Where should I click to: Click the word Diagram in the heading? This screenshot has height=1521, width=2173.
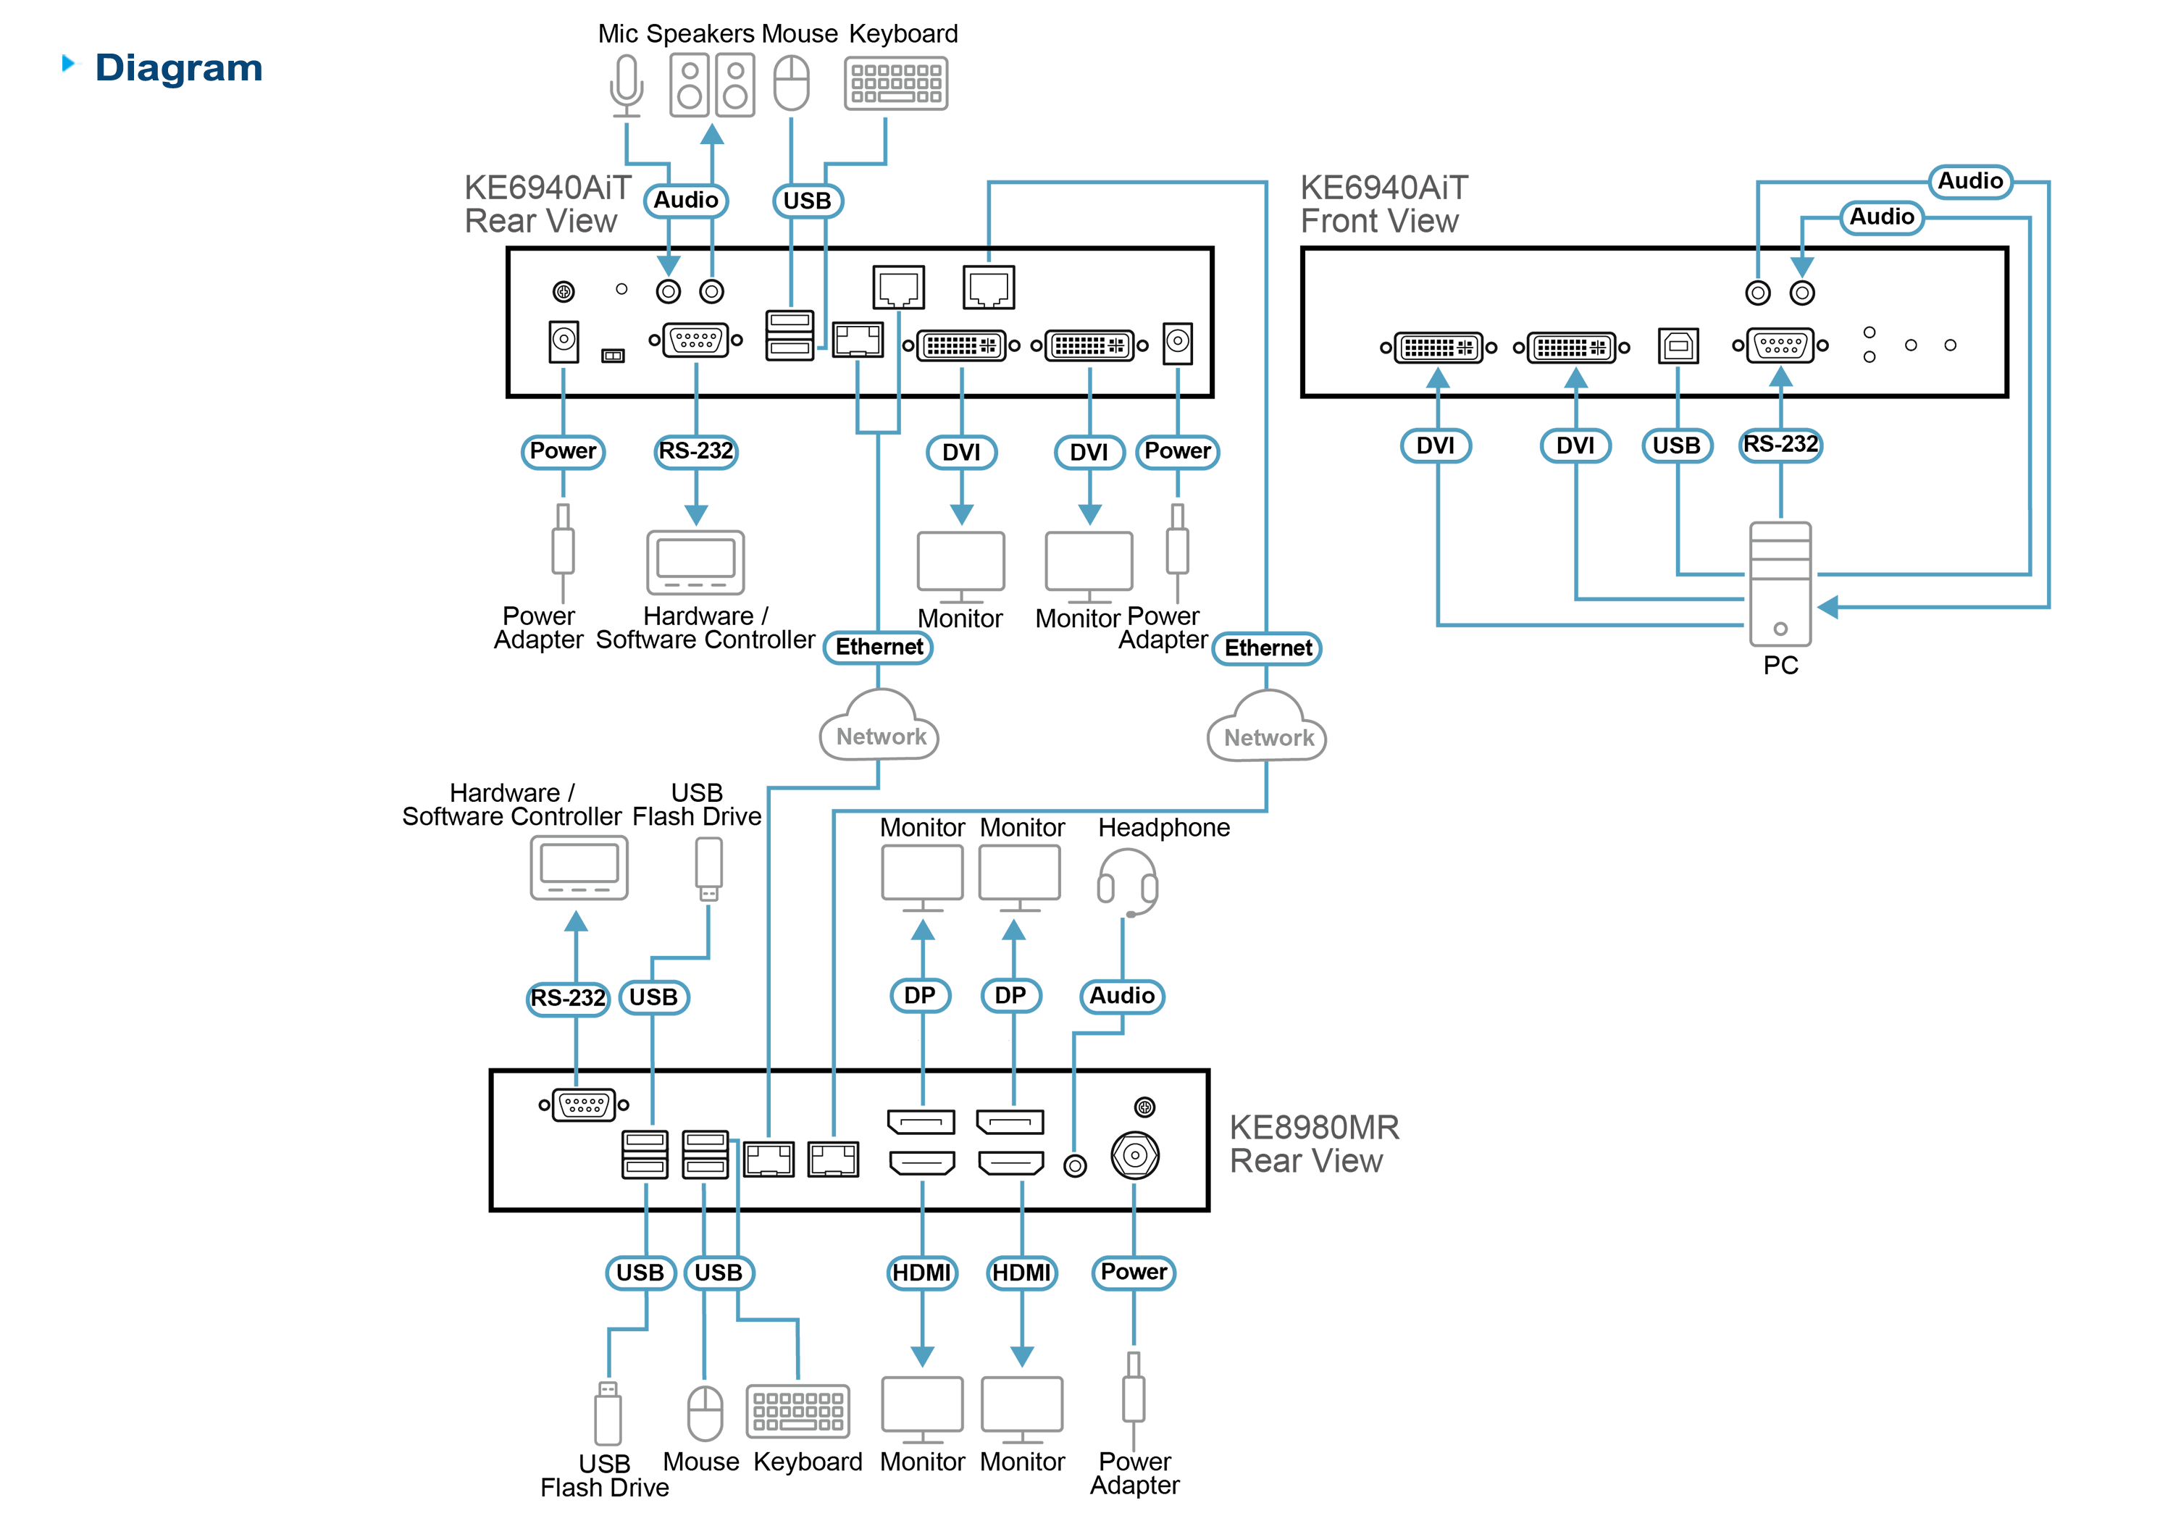click(179, 68)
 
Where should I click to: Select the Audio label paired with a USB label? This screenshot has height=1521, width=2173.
click(686, 201)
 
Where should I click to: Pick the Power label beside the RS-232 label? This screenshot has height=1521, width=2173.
click(562, 451)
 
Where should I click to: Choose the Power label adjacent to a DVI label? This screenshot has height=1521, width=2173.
click(1177, 451)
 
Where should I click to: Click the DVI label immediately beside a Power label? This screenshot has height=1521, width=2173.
click(1089, 453)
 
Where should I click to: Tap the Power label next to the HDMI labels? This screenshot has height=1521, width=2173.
click(1134, 1272)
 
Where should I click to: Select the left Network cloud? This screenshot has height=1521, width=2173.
click(880, 729)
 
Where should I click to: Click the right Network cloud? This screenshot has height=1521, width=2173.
click(1268, 730)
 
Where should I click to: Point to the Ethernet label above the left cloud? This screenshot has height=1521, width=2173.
click(879, 648)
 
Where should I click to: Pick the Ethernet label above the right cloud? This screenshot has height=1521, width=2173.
click(1268, 648)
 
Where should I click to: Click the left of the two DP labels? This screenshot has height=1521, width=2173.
click(919, 996)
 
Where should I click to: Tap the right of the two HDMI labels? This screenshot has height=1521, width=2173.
click(1021, 1273)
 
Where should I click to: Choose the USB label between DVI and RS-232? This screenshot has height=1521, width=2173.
click(1676, 445)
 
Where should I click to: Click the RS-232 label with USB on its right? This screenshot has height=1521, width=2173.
click(568, 997)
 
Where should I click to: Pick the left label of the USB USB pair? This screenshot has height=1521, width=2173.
click(640, 1273)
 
